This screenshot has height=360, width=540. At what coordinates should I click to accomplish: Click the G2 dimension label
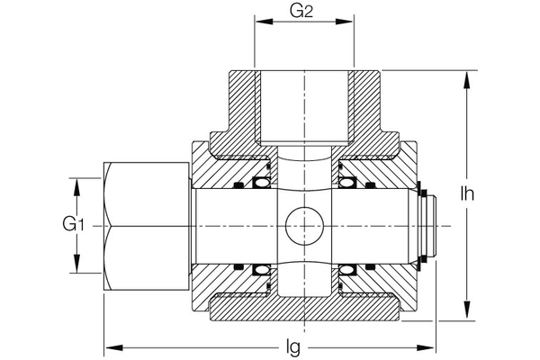pos(302,12)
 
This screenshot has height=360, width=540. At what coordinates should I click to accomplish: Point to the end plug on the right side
pos(428,225)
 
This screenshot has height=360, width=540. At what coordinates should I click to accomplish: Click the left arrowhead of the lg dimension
pos(112,346)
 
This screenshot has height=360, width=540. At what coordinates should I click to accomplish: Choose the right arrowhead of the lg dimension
pos(429,346)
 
